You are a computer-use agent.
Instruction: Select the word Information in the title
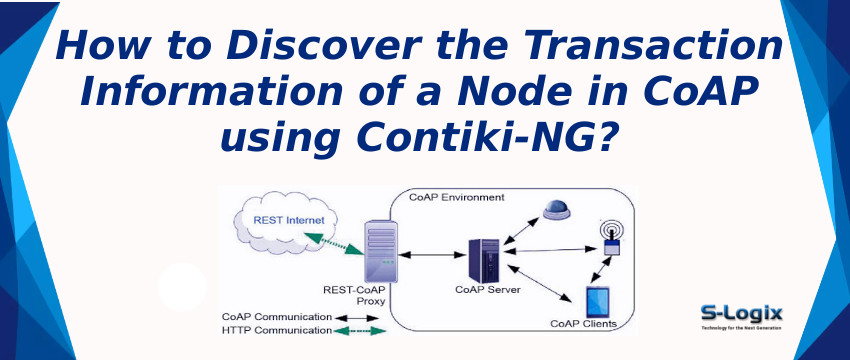pos(214,92)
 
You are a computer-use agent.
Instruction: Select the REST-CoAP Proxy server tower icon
pos(381,256)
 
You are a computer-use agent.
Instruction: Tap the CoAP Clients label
pos(583,323)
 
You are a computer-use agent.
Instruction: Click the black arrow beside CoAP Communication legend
pos(357,318)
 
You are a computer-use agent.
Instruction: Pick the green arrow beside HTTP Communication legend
pos(360,330)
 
